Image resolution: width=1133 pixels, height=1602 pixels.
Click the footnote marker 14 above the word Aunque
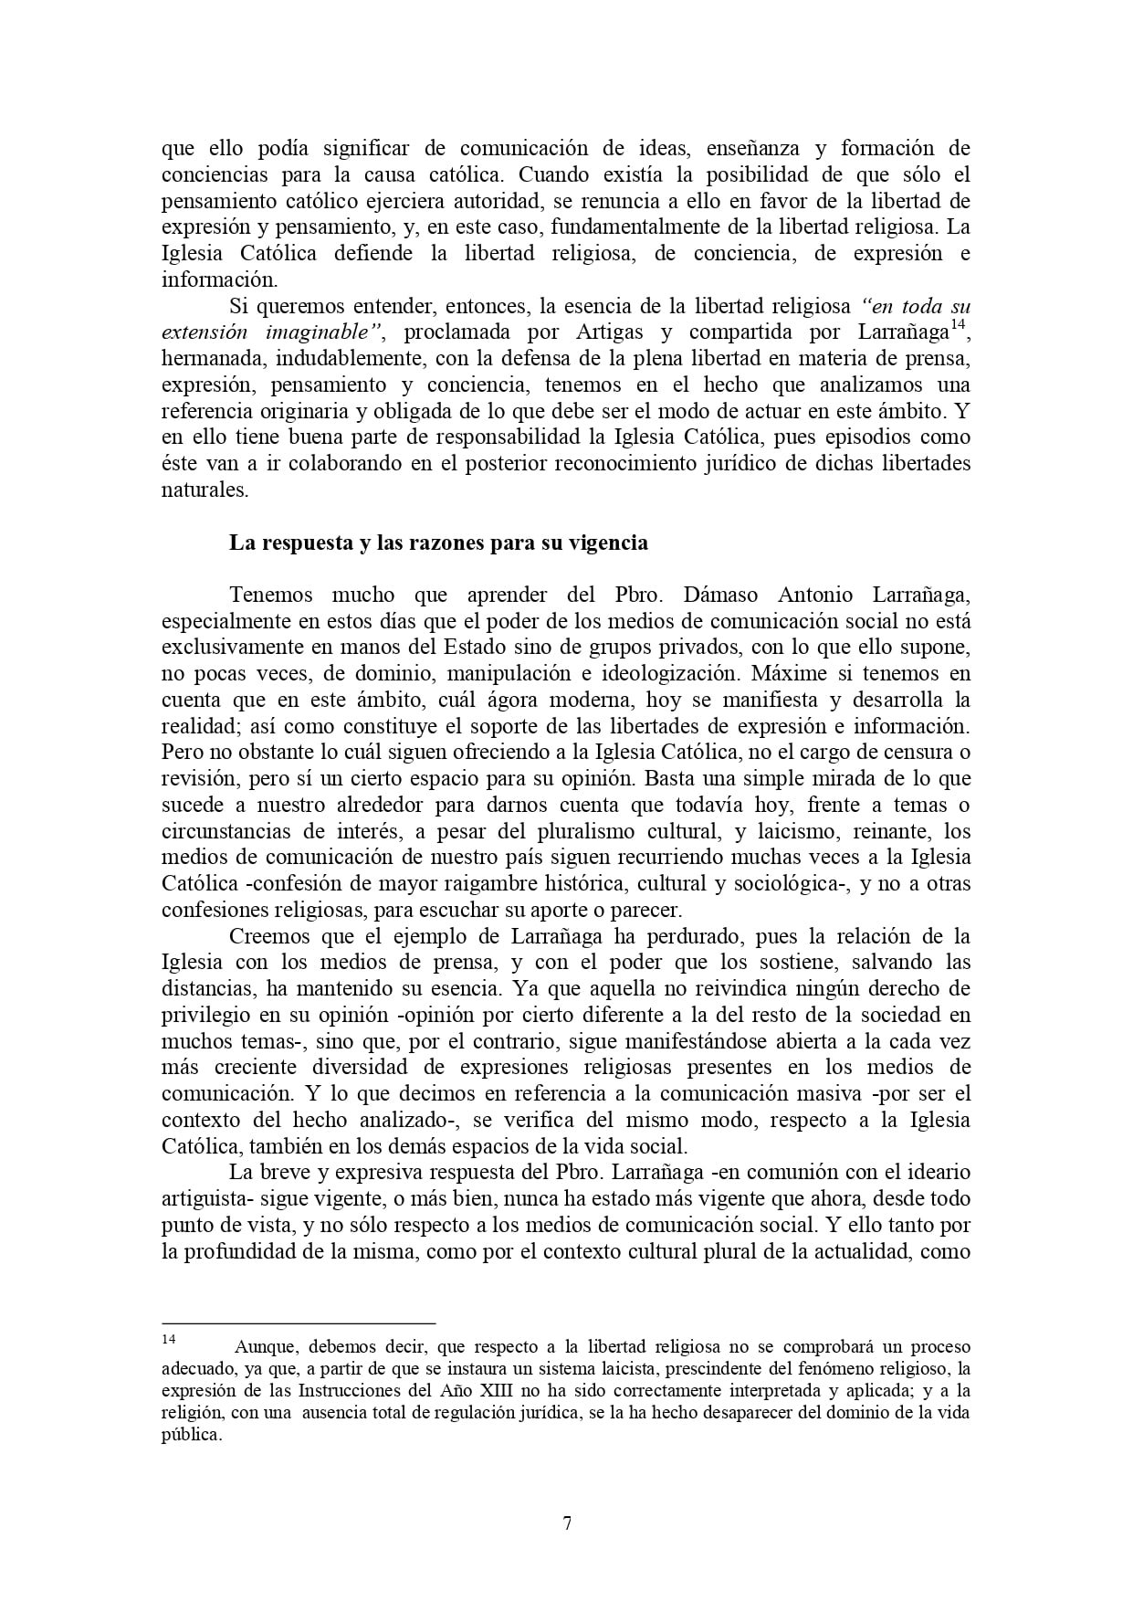168,1339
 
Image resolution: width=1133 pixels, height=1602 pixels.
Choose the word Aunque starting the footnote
266,1347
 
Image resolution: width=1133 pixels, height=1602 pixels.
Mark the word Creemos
268,937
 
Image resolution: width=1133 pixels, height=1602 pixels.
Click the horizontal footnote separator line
299,1323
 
